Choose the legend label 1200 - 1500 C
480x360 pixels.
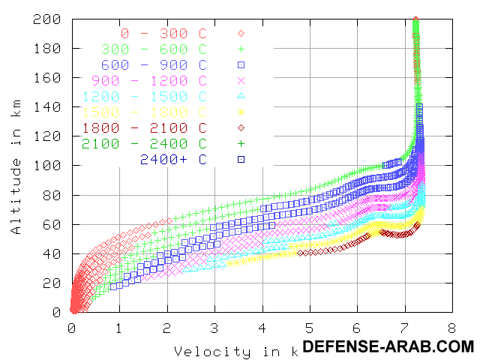(x=145, y=96)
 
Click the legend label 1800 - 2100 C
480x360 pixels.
(x=145, y=127)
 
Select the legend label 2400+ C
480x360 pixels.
(x=173, y=159)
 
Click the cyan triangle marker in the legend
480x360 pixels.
(x=241, y=96)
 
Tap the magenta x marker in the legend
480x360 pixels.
(x=241, y=80)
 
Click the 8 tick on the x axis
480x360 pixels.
(x=451, y=328)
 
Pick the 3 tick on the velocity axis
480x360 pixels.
(x=214, y=328)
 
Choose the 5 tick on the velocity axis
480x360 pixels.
(x=309, y=328)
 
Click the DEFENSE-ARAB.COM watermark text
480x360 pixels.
(x=388, y=346)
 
